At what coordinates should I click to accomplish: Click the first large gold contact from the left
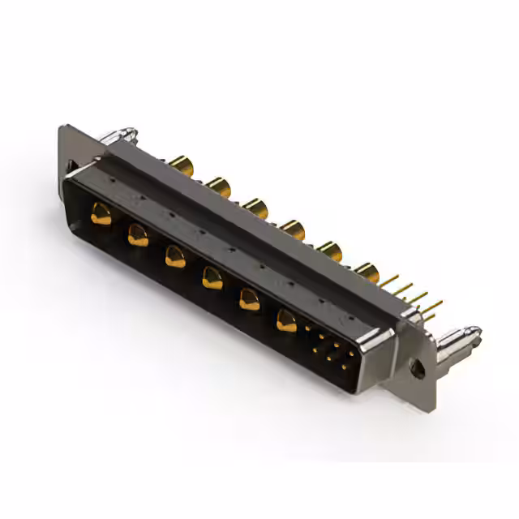point(101,215)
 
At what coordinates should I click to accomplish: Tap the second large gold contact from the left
point(138,236)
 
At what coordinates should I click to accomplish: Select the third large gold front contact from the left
point(174,257)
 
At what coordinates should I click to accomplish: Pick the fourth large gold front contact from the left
point(212,279)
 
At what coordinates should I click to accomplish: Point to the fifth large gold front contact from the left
point(249,300)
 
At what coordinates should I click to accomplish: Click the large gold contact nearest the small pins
point(286,321)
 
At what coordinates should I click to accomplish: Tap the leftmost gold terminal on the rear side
point(182,167)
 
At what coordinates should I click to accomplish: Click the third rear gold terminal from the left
point(255,209)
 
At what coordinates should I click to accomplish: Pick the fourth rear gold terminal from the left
point(293,230)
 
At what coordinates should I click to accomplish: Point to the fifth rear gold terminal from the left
point(329,251)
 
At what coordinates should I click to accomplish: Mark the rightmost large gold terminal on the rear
point(367,272)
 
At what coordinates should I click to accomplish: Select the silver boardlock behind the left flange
point(122,135)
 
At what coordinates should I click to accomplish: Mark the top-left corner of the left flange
point(62,127)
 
